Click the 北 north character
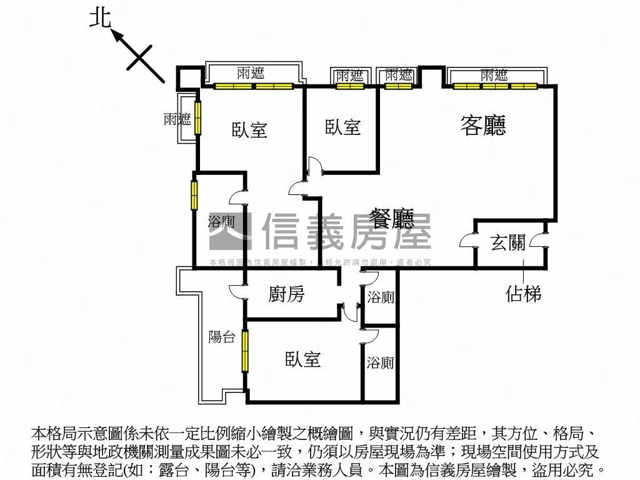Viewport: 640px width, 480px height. click(x=99, y=17)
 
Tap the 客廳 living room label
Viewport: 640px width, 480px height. click(x=482, y=125)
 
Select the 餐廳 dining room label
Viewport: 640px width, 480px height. click(x=392, y=218)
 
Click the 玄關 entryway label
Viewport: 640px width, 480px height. click(x=507, y=243)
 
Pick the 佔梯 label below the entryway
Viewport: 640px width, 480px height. click(x=522, y=293)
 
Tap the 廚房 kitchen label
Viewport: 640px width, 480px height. click(x=286, y=294)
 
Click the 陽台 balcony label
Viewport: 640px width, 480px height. click(x=221, y=337)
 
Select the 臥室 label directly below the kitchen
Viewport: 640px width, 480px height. click(x=302, y=359)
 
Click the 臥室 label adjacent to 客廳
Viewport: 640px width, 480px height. click(x=342, y=127)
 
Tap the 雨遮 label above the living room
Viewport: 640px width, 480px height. click(x=494, y=76)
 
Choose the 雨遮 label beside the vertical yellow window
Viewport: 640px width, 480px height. click(x=177, y=119)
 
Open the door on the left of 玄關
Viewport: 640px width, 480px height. click(x=467, y=241)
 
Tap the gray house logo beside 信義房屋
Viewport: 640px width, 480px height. click(x=230, y=231)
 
